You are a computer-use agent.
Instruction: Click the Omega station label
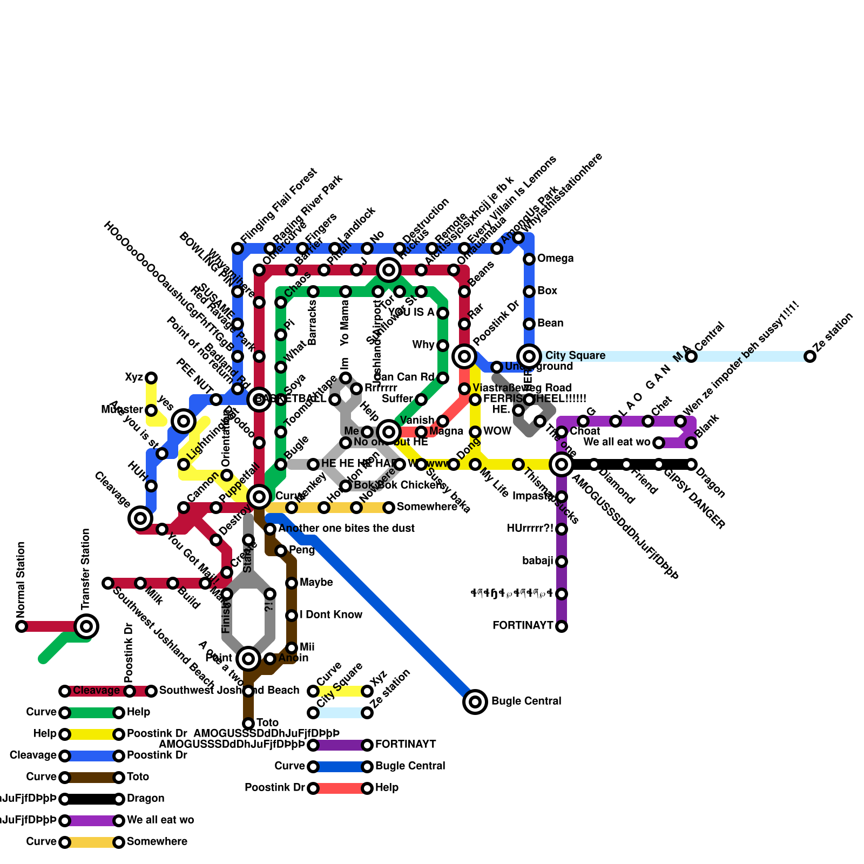click(x=555, y=259)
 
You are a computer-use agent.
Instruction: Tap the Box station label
click(x=547, y=291)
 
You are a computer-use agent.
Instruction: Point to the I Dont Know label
click(x=331, y=615)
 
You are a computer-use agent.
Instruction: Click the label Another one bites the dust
click(x=347, y=529)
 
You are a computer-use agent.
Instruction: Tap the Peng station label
click(x=302, y=550)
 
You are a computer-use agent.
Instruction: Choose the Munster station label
click(x=122, y=410)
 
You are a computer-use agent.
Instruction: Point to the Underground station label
click(x=539, y=367)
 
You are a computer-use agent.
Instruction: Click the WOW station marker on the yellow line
click(x=475, y=432)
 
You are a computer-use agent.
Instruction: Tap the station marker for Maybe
click(x=292, y=583)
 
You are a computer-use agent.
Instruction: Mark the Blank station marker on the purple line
click(x=691, y=443)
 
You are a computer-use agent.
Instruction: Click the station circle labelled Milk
click(x=140, y=583)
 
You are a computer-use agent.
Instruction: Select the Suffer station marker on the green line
click(x=421, y=400)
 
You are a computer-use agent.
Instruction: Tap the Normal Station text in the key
click(x=21, y=579)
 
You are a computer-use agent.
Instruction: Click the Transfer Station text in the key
click(x=86, y=569)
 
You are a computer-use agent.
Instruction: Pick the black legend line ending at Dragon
click(x=92, y=799)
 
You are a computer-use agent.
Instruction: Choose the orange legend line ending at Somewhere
click(x=92, y=842)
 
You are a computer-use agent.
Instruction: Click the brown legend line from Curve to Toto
click(x=92, y=778)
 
